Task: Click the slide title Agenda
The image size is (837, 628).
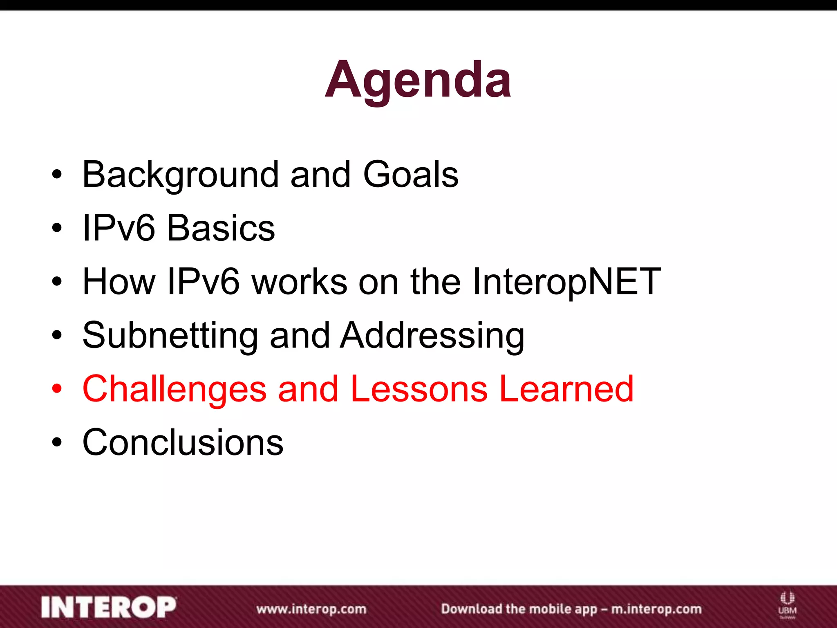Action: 418,80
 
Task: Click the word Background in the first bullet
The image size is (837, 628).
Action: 180,175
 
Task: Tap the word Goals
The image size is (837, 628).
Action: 410,175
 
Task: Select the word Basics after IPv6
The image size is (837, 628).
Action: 221,228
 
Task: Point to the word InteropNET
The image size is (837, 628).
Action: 566,282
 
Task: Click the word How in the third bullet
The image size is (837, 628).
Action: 119,282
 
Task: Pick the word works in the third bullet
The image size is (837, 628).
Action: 299,282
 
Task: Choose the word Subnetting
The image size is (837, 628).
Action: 170,336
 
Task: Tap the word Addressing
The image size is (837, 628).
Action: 432,336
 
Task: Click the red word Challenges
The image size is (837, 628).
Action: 175,389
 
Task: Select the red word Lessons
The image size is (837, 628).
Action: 419,389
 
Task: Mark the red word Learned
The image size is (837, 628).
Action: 566,389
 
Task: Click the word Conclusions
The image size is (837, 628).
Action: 183,442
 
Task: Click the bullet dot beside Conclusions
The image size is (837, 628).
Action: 57,442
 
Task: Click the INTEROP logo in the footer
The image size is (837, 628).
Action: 109,608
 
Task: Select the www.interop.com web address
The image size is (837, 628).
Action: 311,609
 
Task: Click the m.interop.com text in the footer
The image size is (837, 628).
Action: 656,609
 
